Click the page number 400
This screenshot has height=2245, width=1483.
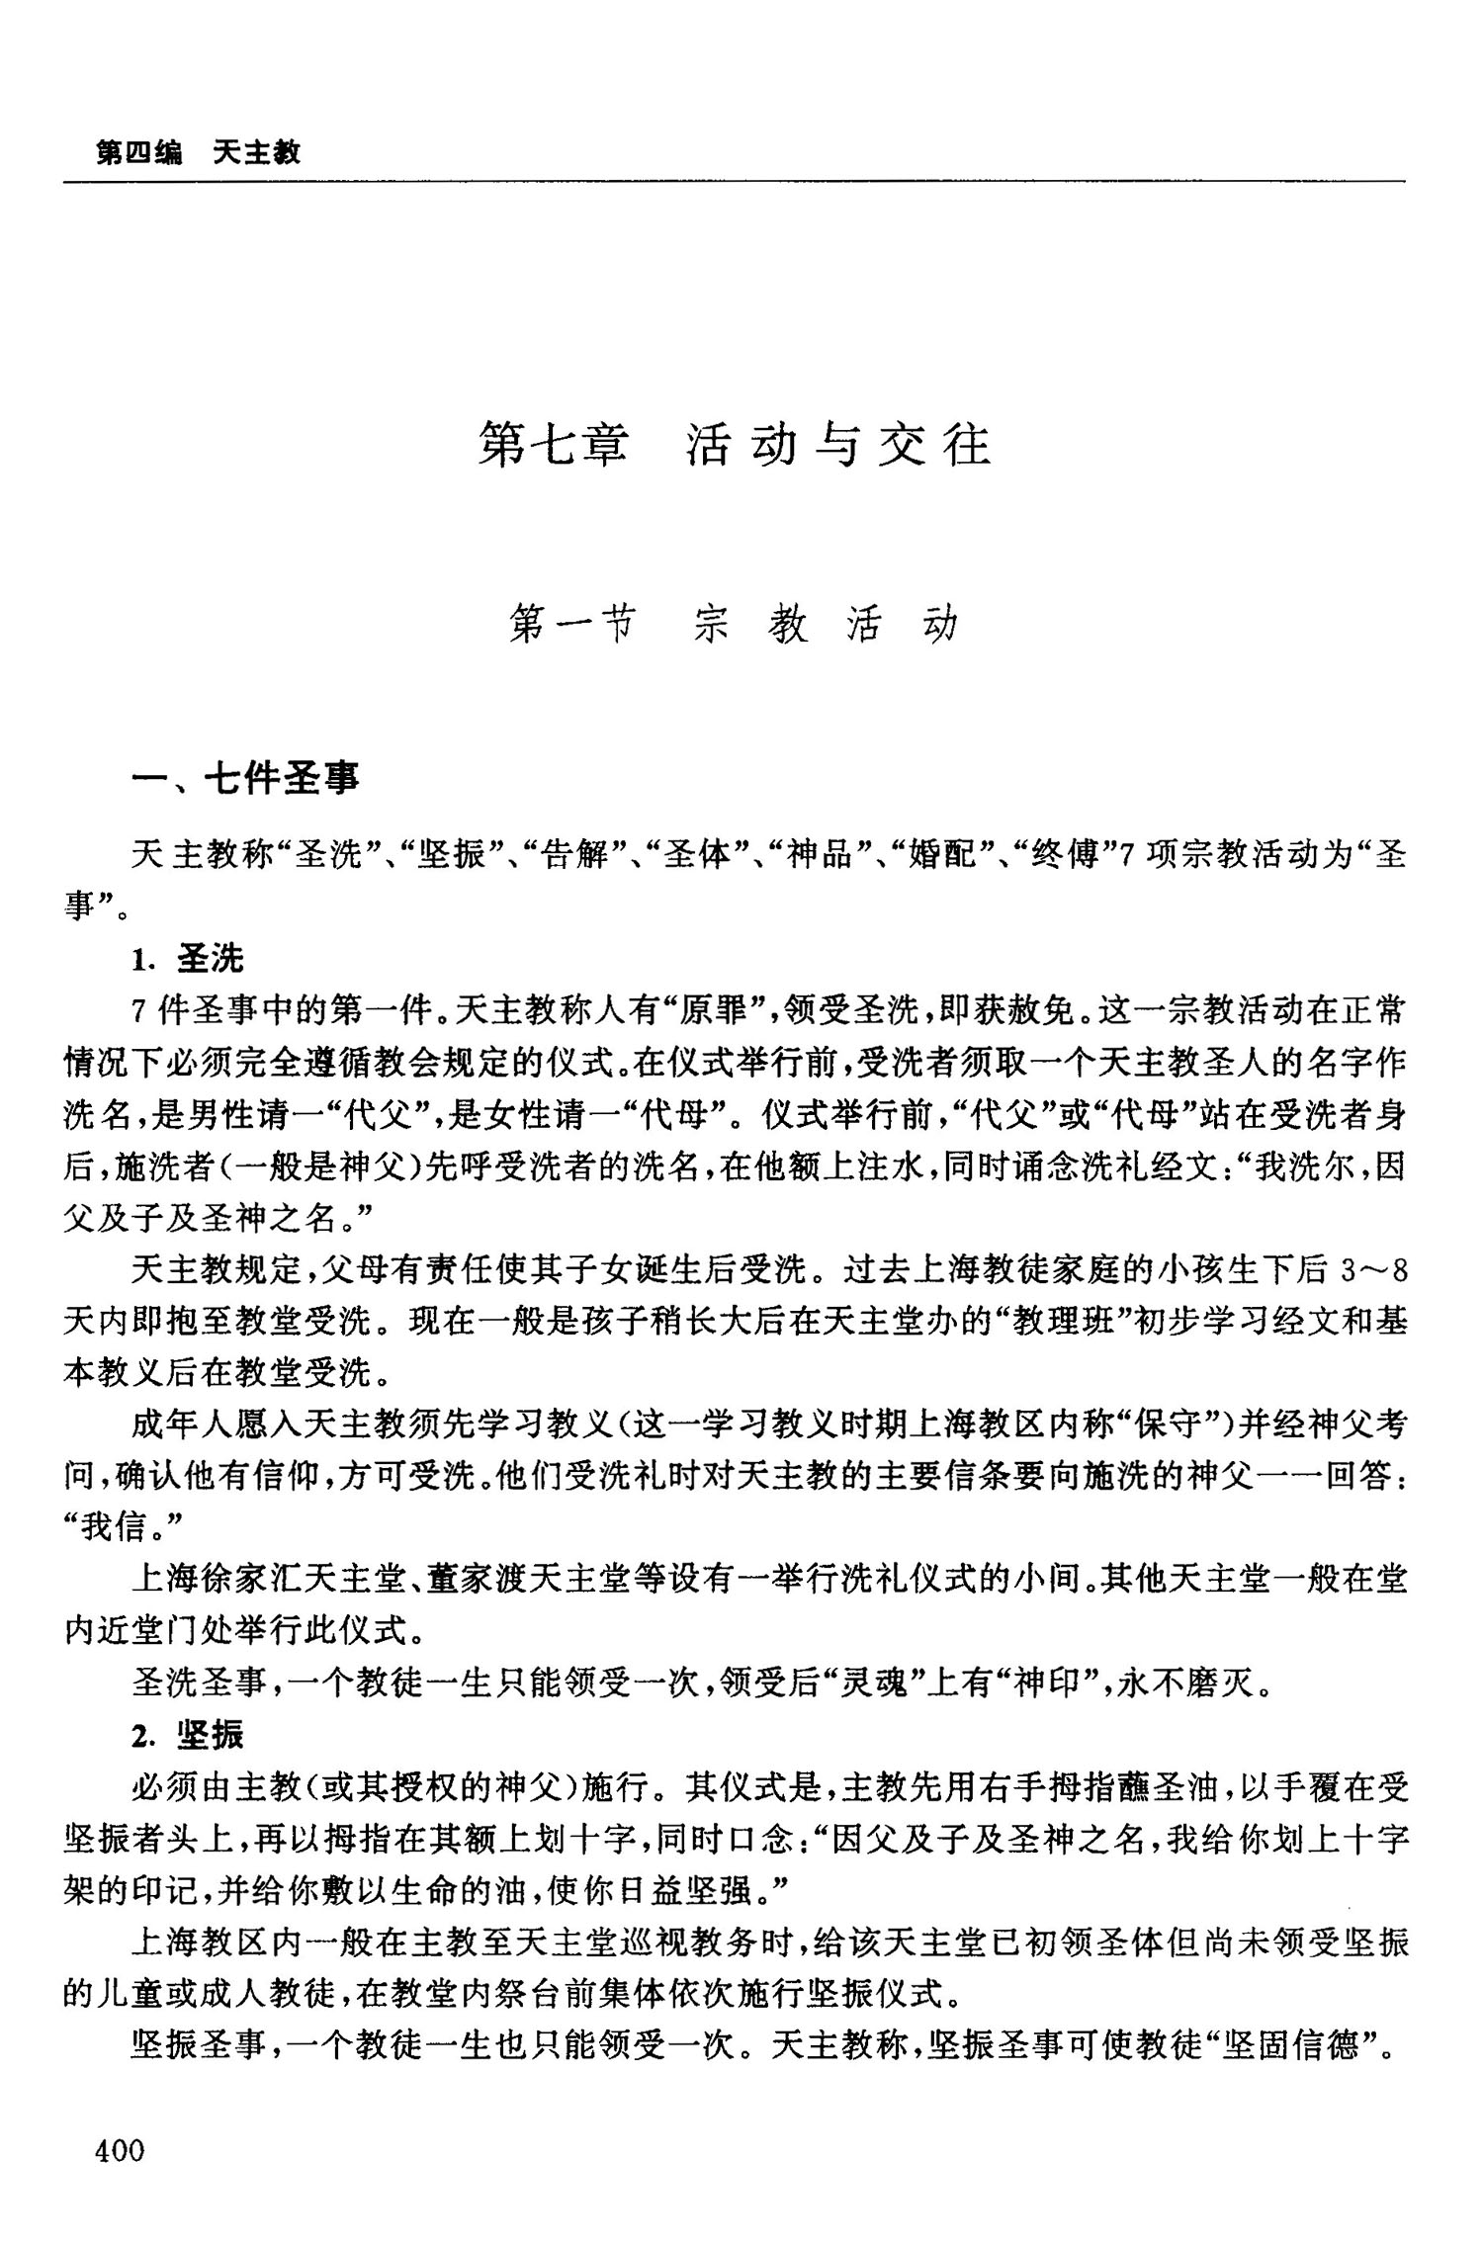click(x=119, y=2149)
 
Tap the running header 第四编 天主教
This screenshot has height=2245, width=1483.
click(x=198, y=153)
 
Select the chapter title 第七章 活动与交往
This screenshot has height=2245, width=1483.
click(x=734, y=445)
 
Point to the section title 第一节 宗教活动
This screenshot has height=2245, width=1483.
click(x=734, y=625)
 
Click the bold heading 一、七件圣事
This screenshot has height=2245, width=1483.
click(x=246, y=779)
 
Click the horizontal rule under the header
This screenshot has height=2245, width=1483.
click(x=734, y=182)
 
